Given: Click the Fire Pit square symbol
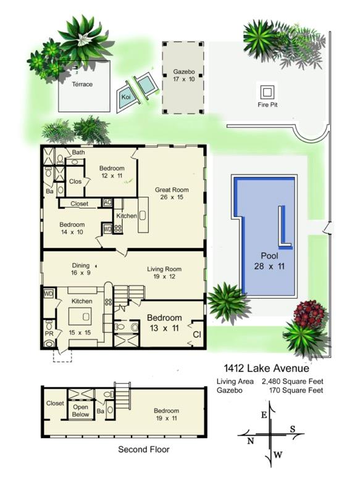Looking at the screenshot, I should (x=267, y=92).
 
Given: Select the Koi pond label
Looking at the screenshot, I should (x=126, y=97).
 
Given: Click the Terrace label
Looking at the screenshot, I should (x=82, y=85).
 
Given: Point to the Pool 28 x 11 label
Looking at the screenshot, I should (x=269, y=260).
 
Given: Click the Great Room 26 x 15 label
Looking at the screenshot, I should (x=172, y=194).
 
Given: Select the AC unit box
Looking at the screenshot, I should (x=107, y=202).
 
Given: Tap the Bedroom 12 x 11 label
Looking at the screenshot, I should (x=112, y=172).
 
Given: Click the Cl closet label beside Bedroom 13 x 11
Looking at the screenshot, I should (x=196, y=334).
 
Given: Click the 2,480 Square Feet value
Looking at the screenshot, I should (x=293, y=381).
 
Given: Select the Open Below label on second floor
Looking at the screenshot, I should (x=81, y=410).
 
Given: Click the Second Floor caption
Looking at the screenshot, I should (x=143, y=450).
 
